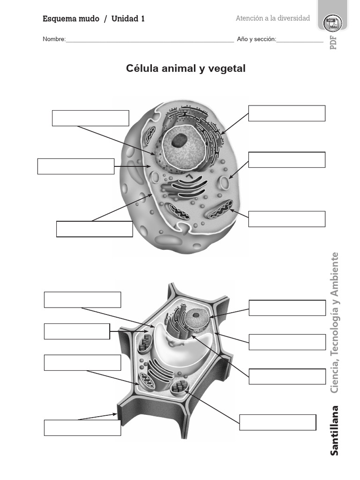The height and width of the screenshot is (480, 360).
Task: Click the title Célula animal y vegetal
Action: pyautogui.click(x=186, y=68)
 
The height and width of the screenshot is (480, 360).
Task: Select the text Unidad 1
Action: pyautogui.click(x=128, y=19)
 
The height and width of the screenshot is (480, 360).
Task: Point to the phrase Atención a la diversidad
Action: pyautogui.click(x=273, y=18)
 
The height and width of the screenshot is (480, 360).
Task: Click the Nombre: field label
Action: pyautogui.click(x=54, y=39)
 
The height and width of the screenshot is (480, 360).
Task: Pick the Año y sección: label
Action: pyautogui.click(x=256, y=39)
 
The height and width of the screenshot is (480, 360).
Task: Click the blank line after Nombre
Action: pyautogui.click(x=150, y=40)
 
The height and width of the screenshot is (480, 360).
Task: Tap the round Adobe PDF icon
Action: pyautogui.click(x=332, y=23)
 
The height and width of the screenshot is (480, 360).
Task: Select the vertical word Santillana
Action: pyautogui.click(x=334, y=430)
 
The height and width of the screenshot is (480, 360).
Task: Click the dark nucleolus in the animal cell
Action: pyautogui.click(x=179, y=140)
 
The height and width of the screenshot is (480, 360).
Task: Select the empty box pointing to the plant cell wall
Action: pyautogui.click(x=82, y=427)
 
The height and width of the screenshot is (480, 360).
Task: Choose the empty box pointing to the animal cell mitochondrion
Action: pyautogui.click(x=287, y=219)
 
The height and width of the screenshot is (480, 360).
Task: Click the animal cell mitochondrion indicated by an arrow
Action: pyautogui.click(x=220, y=210)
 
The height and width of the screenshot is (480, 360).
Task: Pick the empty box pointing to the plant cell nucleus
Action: pyautogui.click(x=287, y=308)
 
